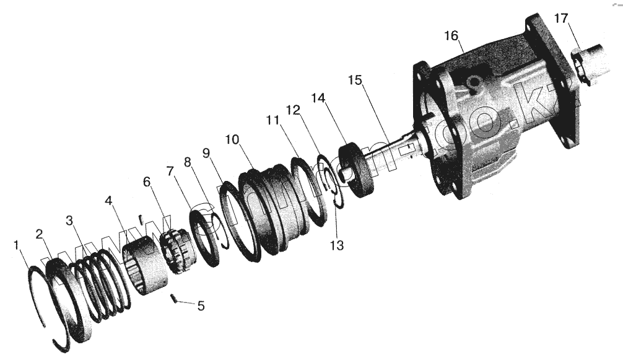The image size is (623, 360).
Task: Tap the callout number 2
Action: pos(40,234)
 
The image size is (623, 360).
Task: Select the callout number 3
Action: pos(69,221)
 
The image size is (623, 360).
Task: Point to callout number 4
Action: pos(108,201)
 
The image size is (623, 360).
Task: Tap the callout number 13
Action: pos(336,245)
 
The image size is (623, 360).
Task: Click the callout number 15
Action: pos(354,81)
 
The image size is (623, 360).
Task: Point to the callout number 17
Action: pos(560,19)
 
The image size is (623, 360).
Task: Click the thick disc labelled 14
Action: pos(358,169)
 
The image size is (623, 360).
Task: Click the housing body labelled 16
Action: pos(489,124)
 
